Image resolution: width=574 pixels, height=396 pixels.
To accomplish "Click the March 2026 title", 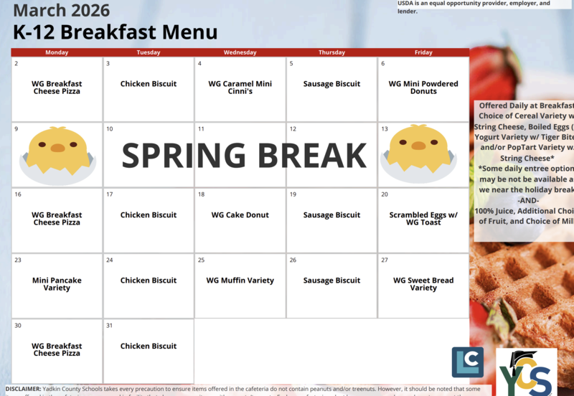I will [x=62, y=10].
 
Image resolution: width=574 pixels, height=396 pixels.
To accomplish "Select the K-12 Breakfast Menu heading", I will [x=116, y=32].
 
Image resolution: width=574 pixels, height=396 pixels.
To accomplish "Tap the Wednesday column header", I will [x=240, y=52].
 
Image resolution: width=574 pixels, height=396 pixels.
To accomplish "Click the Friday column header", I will [x=423, y=52].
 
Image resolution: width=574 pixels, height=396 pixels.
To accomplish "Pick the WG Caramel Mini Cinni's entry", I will [x=240, y=88].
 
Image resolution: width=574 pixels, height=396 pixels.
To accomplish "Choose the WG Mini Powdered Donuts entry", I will [x=423, y=88].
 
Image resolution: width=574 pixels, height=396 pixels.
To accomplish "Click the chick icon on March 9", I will [x=57, y=152].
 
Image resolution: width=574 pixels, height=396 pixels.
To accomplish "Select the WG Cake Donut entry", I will [x=240, y=215].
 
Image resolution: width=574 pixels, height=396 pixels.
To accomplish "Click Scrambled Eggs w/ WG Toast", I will [x=423, y=219].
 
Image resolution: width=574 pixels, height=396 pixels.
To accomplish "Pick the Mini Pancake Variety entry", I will [x=57, y=284].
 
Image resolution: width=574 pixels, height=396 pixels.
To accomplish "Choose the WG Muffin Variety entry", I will [x=240, y=280].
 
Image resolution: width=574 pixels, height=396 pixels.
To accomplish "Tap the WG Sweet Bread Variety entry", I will [x=423, y=284].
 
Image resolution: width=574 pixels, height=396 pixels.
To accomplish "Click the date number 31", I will [x=110, y=326].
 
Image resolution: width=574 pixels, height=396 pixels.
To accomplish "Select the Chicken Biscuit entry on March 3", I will [x=149, y=84].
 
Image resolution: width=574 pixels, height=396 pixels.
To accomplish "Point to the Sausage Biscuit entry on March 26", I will [x=331, y=280].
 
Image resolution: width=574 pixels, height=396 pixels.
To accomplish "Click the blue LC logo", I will [x=467, y=362].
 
